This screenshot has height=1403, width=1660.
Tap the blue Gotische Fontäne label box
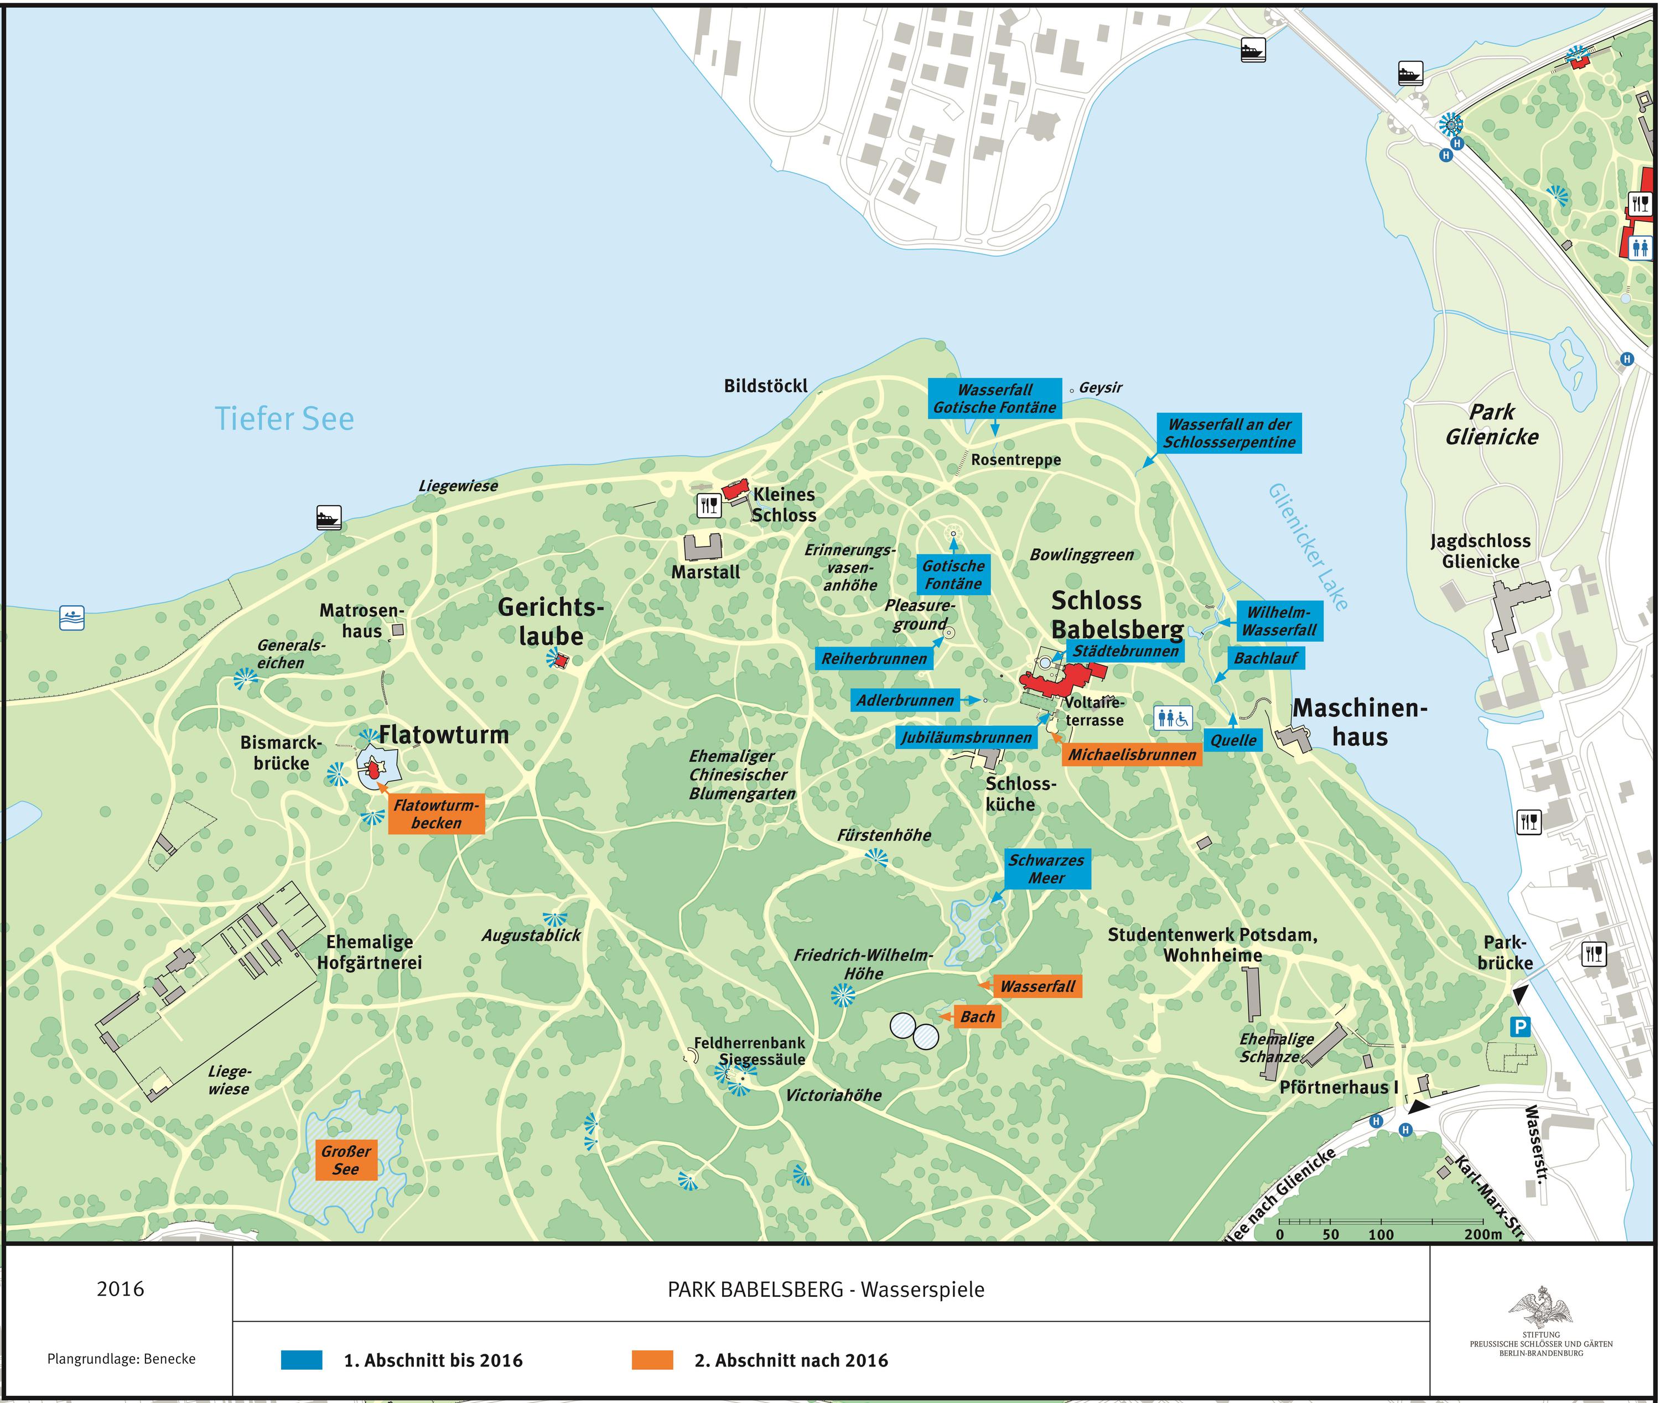point(953,574)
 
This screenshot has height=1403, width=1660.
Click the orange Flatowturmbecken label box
point(436,814)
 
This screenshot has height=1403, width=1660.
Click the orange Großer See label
point(345,1160)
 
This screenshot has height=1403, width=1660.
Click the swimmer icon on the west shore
point(71,618)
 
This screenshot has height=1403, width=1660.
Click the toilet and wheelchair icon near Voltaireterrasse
point(1173,718)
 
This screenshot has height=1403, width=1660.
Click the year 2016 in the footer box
point(120,1289)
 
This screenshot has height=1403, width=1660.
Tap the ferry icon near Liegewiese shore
point(329,517)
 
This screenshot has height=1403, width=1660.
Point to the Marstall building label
point(705,572)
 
